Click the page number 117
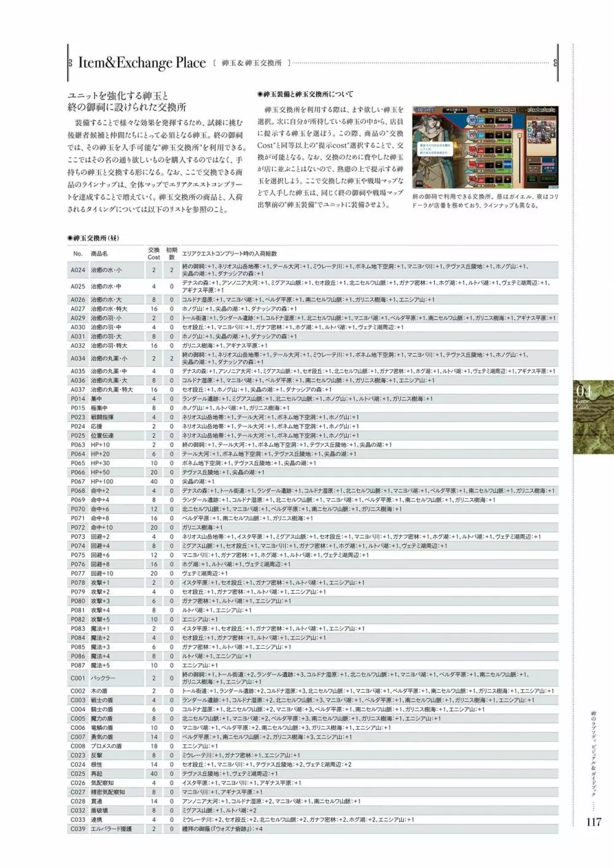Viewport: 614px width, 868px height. click(593, 822)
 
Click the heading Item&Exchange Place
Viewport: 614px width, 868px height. click(141, 63)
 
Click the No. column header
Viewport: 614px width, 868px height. click(77, 253)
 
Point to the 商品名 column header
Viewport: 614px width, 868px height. click(99, 253)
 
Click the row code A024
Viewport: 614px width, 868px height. click(78, 270)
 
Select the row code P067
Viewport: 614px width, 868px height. click(78, 482)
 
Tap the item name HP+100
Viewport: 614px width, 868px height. click(102, 482)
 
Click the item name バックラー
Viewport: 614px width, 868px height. click(103, 678)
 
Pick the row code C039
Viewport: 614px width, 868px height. click(78, 829)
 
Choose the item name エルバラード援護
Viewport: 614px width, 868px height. click(111, 829)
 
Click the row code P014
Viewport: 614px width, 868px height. click(78, 399)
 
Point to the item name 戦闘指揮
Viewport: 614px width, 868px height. click(102, 417)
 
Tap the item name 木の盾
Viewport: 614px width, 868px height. click(99, 691)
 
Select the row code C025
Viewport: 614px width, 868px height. click(78, 773)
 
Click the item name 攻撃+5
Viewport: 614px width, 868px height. click(100, 619)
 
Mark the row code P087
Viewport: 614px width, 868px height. click(78, 665)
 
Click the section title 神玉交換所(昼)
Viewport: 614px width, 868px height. click(93, 238)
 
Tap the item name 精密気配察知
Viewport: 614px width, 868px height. click(107, 792)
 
